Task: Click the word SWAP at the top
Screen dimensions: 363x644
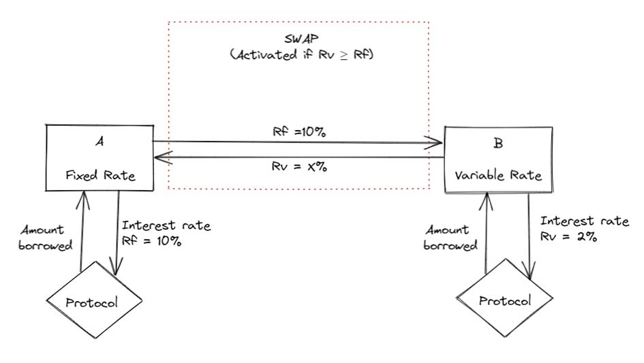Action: coord(298,40)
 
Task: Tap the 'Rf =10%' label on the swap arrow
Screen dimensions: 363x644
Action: coord(298,132)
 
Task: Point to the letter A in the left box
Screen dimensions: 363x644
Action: coord(99,142)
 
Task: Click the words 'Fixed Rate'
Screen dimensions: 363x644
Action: coord(100,175)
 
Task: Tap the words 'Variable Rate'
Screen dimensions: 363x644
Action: coord(498,176)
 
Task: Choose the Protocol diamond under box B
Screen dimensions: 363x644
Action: coord(505,300)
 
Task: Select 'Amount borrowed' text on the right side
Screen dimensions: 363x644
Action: coord(450,238)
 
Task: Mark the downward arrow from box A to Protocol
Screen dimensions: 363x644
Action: coord(119,232)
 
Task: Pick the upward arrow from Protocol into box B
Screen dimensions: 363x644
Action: coord(487,232)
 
